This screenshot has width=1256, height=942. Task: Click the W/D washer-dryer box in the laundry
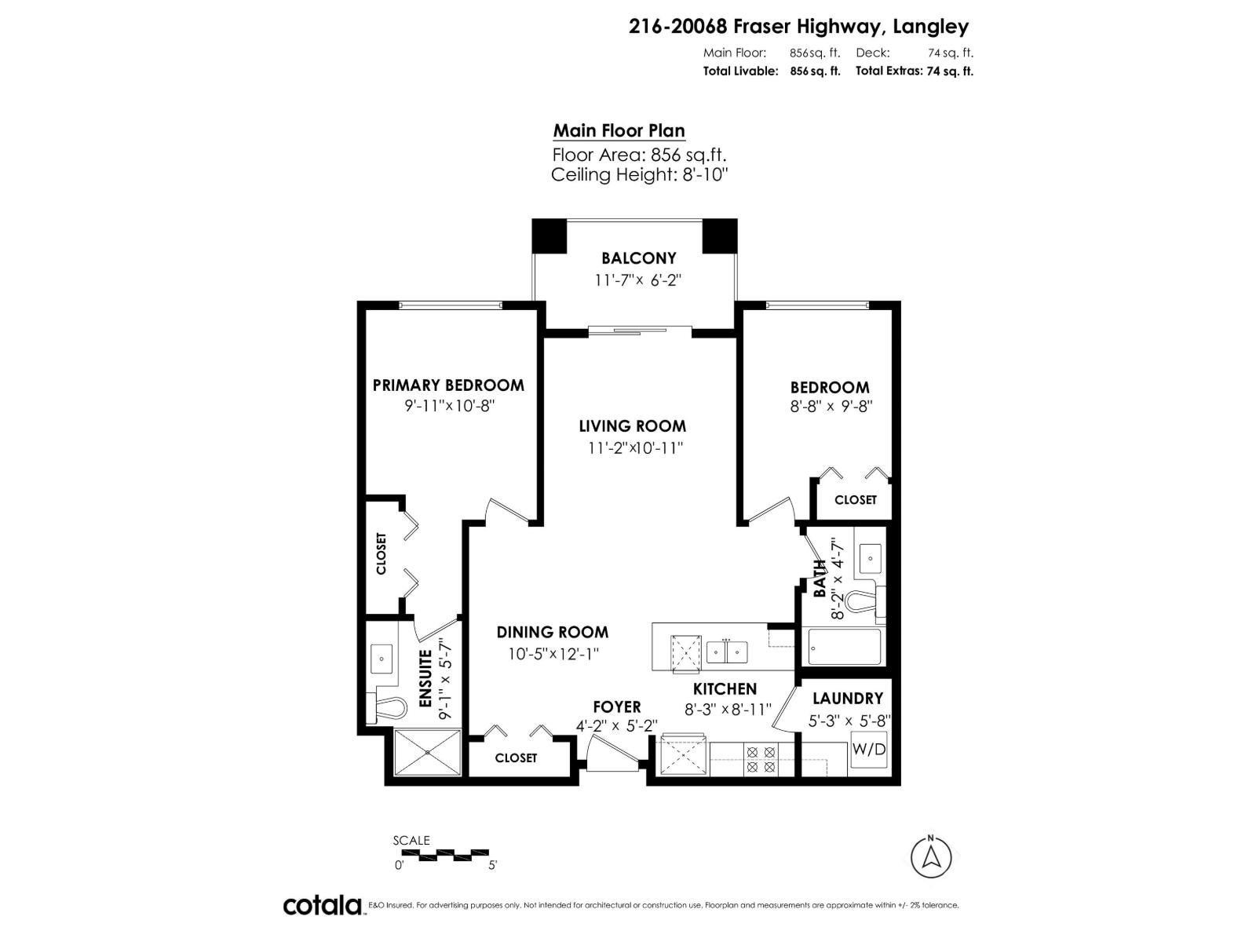click(x=869, y=750)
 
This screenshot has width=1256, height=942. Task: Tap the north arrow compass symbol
click(x=931, y=856)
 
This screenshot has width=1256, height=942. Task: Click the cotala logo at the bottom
click(x=322, y=905)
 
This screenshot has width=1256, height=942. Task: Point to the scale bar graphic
click(x=444, y=853)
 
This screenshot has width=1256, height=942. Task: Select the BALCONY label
click(x=638, y=258)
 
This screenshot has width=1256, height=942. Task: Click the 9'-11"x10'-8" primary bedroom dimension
click(x=448, y=406)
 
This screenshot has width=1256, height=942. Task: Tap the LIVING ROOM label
click(x=632, y=426)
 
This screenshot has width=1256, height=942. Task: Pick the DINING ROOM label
click(x=552, y=632)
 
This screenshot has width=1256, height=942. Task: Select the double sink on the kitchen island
click(x=726, y=651)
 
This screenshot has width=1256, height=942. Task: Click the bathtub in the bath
click(x=844, y=647)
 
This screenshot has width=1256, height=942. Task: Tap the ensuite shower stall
click(x=427, y=752)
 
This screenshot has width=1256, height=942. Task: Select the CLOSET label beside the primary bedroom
click(x=382, y=553)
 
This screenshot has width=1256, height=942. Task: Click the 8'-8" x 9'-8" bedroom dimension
click(x=831, y=407)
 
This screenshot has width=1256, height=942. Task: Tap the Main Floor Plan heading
click(x=619, y=131)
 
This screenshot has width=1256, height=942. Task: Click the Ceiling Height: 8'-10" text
click(x=640, y=174)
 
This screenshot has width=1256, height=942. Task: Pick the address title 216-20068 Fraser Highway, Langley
click(x=798, y=27)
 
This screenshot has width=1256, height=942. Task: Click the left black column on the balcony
click(x=549, y=235)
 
